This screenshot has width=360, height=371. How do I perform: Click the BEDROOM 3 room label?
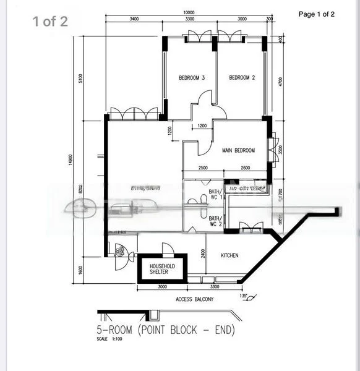[x=192, y=78]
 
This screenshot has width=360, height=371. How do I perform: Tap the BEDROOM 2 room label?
[x=242, y=78]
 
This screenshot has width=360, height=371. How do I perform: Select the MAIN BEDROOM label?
[x=238, y=150]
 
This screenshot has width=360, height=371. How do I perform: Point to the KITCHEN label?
[x=226, y=255]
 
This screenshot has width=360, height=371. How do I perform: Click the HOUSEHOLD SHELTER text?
[x=163, y=269]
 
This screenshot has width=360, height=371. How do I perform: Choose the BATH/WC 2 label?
[x=215, y=221]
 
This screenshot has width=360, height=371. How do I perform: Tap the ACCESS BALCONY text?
[x=194, y=299]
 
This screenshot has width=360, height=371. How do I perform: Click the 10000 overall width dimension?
[x=189, y=12]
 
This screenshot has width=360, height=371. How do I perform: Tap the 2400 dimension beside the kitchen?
[x=202, y=253]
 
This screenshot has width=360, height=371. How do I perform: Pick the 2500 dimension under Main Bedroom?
[x=203, y=168]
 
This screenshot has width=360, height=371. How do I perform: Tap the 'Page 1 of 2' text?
[x=316, y=14]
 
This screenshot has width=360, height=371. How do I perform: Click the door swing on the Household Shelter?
[x=167, y=248]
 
